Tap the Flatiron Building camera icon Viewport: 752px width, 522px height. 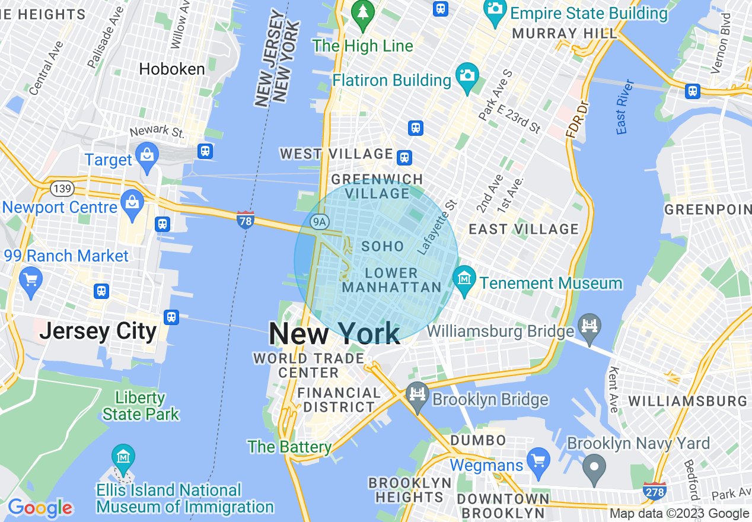pyautogui.click(x=467, y=76)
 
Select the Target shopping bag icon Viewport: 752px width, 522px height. pyautogui.click(x=146, y=154)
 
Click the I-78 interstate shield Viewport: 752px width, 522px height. pyautogui.click(x=245, y=219)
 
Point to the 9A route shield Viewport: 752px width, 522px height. pyautogui.click(x=319, y=222)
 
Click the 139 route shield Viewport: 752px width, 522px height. pyautogui.click(x=62, y=189)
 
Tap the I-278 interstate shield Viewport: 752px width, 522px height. pyautogui.click(x=654, y=491)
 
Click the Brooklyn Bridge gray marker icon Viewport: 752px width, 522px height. pyautogui.click(x=418, y=394)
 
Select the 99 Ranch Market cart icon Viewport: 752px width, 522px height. pyautogui.click(x=30, y=278)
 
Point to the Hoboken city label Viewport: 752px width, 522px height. pyautogui.click(x=172, y=69)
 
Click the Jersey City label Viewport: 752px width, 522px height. pyautogui.click(x=98, y=331)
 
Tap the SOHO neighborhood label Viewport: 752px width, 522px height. pyautogui.click(x=383, y=246)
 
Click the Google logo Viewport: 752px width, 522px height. pyautogui.click(x=40, y=508)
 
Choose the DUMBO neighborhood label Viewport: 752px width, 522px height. pyautogui.click(x=478, y=440)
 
